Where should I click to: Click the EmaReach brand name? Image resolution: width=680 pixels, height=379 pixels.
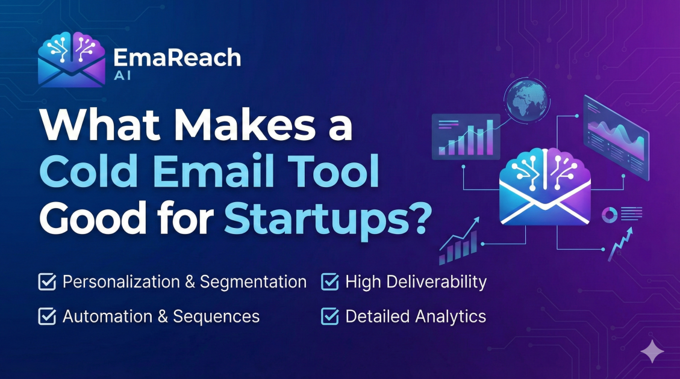(176, 57)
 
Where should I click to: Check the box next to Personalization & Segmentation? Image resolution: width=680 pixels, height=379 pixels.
(46, 282)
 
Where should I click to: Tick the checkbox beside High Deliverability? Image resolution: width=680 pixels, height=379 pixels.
(329, 282)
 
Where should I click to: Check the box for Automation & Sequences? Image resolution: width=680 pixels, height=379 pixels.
(46, 316)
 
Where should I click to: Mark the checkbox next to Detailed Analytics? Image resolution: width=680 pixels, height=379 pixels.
(329, 316)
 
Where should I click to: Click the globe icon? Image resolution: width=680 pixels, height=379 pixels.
(528, 99)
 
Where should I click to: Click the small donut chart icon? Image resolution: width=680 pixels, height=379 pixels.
(609, 214)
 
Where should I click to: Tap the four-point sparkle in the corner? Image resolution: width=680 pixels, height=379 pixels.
(652, 351)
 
